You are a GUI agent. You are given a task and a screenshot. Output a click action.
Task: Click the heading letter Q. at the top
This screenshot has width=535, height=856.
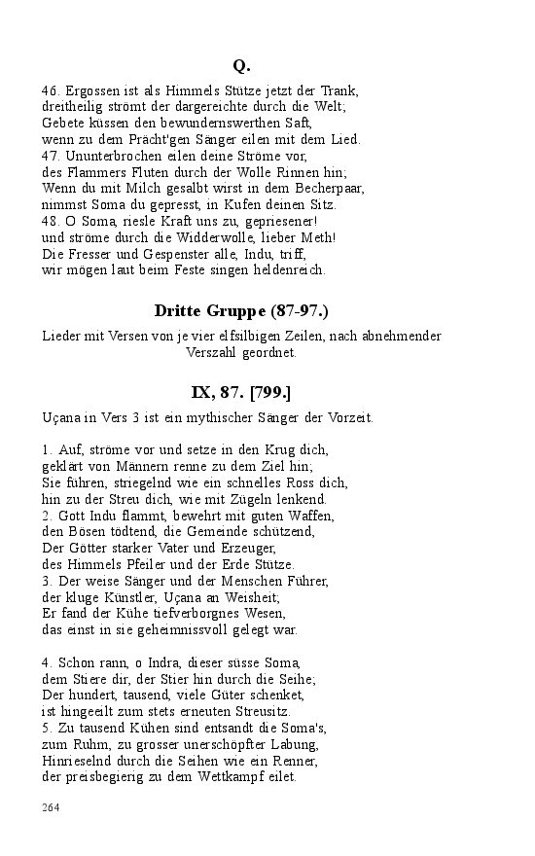(x=241, y=66)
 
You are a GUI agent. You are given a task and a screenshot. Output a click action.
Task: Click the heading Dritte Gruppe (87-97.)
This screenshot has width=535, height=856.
(x=241, y=311)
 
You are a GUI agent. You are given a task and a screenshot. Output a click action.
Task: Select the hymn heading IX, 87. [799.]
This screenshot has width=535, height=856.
(x=241, y=393)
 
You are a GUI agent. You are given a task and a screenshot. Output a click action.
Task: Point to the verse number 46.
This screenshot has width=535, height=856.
(x=51, y=90)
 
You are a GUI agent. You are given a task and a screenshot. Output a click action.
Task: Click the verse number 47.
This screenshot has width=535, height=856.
(x=51, y=156)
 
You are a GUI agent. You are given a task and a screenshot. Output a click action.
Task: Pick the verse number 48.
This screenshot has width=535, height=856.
(x=51, y=221)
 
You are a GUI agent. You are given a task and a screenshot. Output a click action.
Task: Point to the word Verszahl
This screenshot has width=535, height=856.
(x=210, y=353)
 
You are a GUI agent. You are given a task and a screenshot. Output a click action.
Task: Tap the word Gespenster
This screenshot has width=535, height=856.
(x=176, y=254)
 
